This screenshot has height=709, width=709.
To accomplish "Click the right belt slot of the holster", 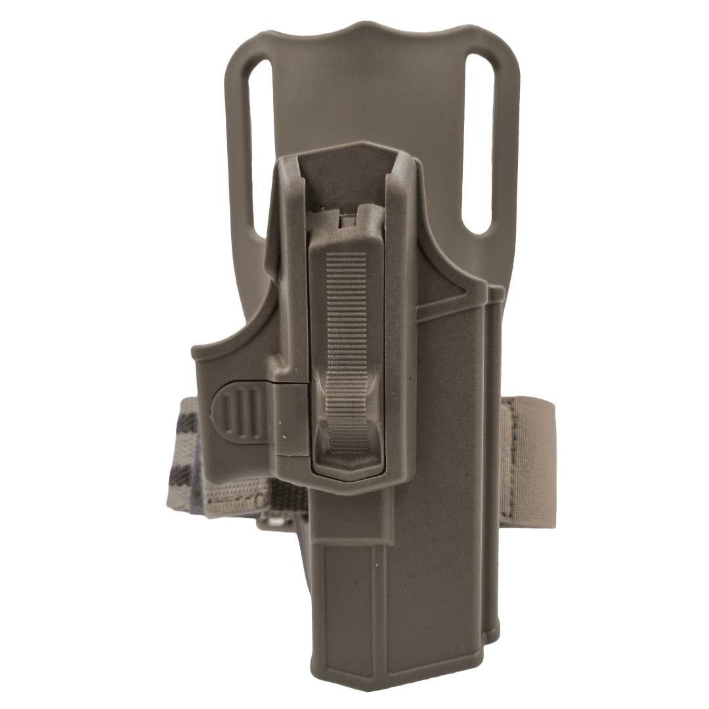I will click(x=479, y=144).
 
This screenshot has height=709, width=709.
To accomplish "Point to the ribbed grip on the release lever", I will click(x=346, y=309).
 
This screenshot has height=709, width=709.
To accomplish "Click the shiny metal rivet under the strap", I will click(x=277, y=521).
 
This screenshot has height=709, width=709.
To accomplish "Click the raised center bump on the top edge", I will click(x=370, y=28).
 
